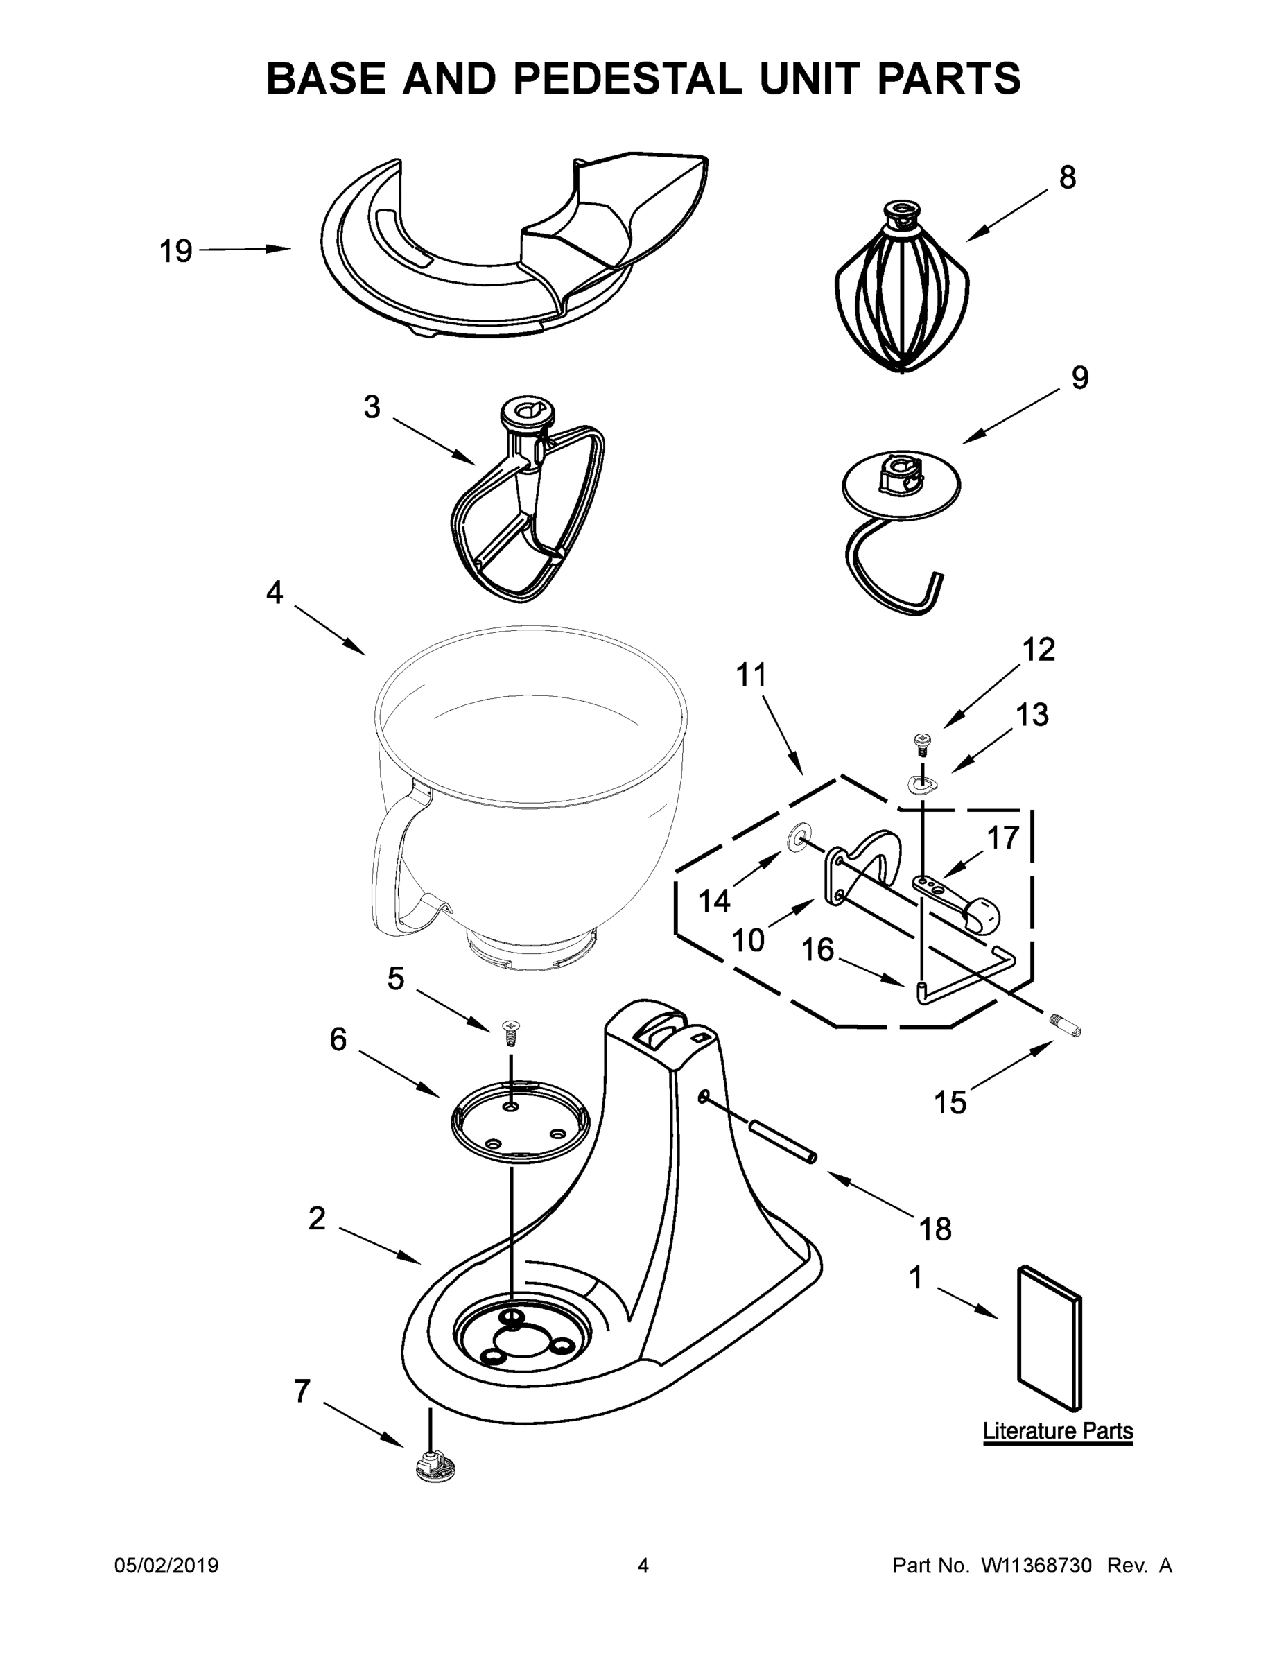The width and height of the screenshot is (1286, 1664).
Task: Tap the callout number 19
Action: pyautogui.click(x=175, y=252)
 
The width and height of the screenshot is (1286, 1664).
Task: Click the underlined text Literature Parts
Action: pyautogui.click(x=1057, y=1431)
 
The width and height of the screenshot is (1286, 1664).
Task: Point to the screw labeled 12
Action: pyautogui.click(x=923, y=740)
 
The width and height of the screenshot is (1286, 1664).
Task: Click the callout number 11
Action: pyautogui.click(x=751, y=675)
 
